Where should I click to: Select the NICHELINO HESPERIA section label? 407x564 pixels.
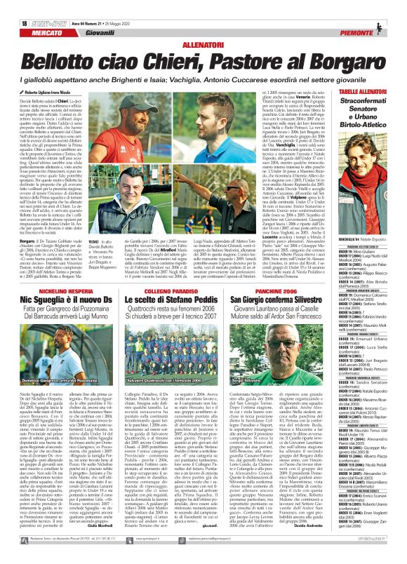click(67, 270)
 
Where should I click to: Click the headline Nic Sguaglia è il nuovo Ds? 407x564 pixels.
click(67, 281)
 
